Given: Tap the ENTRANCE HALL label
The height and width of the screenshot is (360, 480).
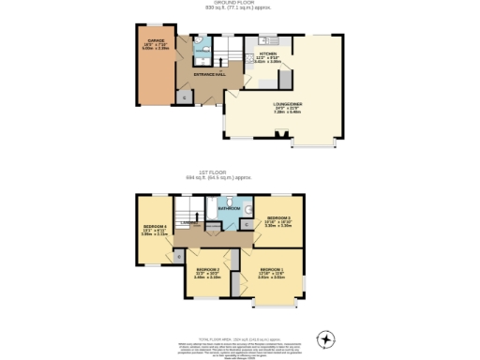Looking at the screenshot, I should (207, 73).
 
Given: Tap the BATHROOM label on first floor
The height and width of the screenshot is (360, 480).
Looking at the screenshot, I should (230, 207).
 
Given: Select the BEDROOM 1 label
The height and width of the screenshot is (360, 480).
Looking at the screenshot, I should (272, 272).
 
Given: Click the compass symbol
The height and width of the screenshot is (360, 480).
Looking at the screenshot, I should (326, 338).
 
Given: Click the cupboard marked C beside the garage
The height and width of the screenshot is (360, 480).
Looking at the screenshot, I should (183, 97).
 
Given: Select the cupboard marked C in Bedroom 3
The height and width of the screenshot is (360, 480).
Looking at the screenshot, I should (246, 224).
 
